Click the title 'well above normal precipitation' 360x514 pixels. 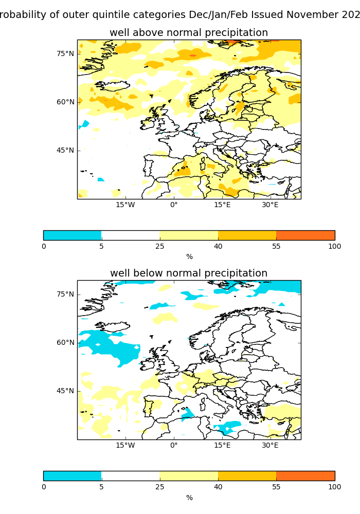[x=189, y=33]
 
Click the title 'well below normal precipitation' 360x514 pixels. [x=189, y=273]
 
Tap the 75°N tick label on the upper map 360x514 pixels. [x=65, y=53]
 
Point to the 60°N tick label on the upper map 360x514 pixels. [x=65, y=102]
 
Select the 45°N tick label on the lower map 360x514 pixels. [x=65, y=391]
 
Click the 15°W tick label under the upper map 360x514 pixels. [x=125, y=205]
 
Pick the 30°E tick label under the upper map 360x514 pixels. [x=271, y=205]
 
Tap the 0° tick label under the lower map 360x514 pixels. [x=174, y=445]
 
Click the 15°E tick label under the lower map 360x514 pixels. [x=222, y=445]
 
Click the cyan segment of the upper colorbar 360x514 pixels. [x=73, y=235]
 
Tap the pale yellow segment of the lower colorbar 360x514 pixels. [x=189, y=476]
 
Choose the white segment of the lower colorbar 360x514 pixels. [x=131, y=476]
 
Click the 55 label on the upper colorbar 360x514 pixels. [x=276, y=246]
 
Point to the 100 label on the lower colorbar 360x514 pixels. [x=334, y=487]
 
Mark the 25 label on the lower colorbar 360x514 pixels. [x=159, y=487]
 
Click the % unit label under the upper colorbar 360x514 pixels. [x=189, y=256]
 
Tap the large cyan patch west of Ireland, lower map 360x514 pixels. [x=111, y=347]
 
